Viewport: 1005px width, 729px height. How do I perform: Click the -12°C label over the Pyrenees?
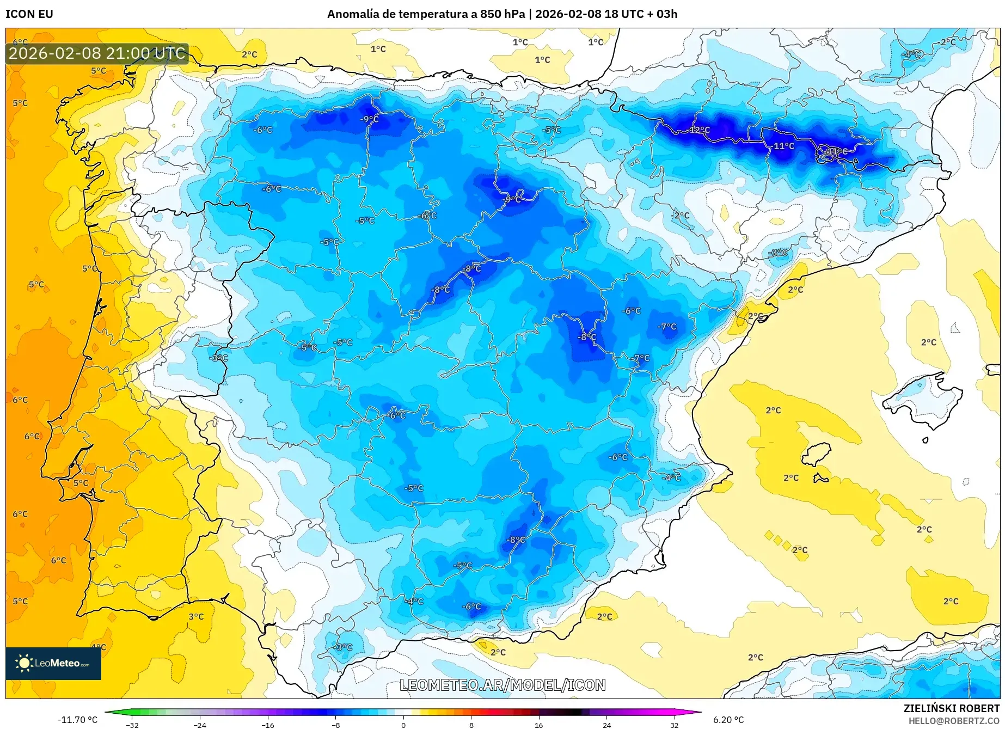tap(700, 130)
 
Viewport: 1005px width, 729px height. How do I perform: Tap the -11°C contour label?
tap(783, 146)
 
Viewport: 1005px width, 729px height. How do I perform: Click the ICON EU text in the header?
tap(29, 14)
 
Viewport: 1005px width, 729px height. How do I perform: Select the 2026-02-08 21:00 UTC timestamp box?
tap(97, 53)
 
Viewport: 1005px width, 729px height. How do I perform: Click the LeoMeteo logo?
tap(53, 663)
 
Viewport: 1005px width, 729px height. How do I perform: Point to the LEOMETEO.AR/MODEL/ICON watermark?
tap(502, 685)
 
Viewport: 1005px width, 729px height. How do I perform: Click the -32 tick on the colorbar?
tap(132, 725)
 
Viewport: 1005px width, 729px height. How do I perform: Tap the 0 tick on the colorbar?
tap(403, 725)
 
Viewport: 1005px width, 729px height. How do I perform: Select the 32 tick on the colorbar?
tap(674, 725)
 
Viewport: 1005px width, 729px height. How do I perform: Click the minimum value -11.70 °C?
tap(78, 720)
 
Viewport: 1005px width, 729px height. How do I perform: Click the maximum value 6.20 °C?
tap(728, 720)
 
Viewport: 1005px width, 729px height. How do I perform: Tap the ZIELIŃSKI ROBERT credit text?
tap(952, 708)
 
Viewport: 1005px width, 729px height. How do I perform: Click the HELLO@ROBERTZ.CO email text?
tap(954, 721)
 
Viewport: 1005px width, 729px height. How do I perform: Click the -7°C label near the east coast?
tap(667, 327)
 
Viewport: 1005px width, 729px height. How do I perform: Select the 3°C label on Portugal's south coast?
tap(196, 617)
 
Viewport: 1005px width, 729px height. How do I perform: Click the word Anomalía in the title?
tap(353, 14)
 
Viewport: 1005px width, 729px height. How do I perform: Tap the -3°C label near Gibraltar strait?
tap(343, 647)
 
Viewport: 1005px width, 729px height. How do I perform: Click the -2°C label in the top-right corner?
tap(946, 42)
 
